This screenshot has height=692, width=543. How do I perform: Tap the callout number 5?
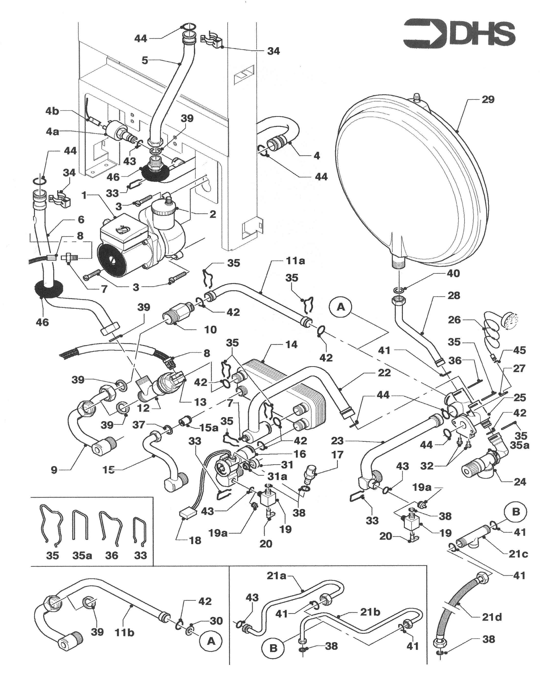[x=145, y=60]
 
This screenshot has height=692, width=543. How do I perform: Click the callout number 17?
[x=337, y=455]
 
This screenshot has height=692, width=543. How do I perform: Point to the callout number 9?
[x=54, y=470]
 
